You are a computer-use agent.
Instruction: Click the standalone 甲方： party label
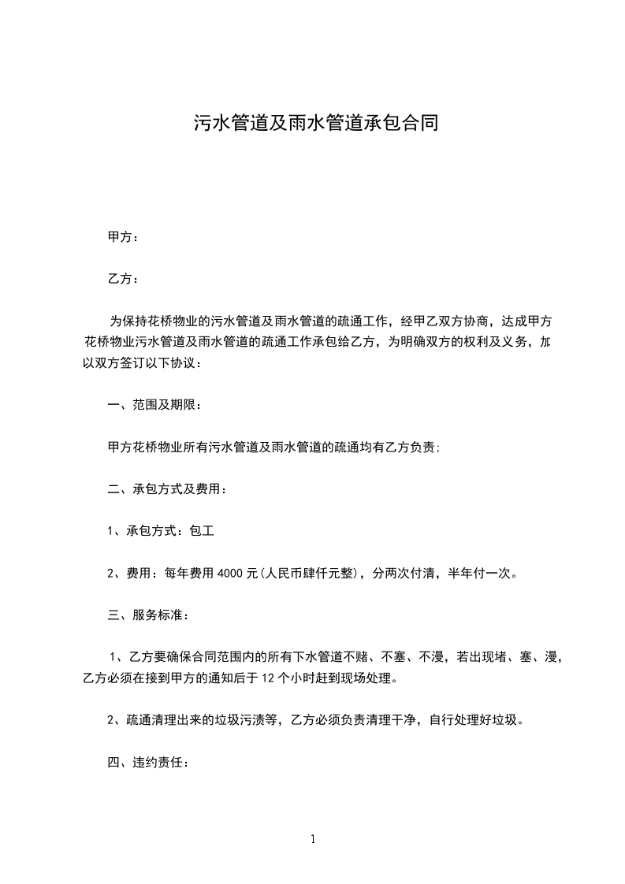[123, 236]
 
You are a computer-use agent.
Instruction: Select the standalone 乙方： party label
[123, 279]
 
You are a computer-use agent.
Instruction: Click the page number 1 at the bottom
[313, 839]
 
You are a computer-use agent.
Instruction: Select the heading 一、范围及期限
[154, 406]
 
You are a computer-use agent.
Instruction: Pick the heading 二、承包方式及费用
[167, 489]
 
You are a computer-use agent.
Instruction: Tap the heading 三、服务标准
[147, 615]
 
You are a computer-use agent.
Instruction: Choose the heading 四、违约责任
[147, 763]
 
